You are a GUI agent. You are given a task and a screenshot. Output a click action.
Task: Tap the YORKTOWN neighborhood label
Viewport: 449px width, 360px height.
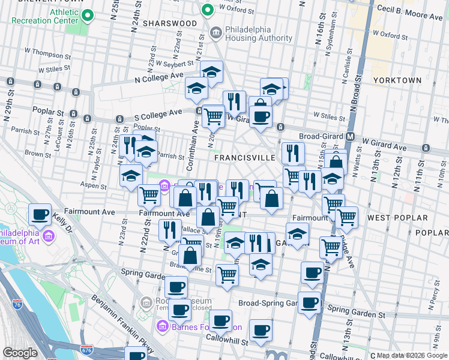coord(397,80)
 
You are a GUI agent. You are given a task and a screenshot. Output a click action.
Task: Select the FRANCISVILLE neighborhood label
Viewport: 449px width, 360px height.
coord(245,157)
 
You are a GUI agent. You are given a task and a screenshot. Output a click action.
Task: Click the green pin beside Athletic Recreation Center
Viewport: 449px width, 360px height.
coord(88,14)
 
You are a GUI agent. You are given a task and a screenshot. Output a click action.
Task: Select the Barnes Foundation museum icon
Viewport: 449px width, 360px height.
coord(161,327)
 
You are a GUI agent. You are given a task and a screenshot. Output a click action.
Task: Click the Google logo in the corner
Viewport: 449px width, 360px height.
coord(20,353)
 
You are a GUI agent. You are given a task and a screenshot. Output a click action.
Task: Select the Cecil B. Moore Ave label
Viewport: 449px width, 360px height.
coord(410,9)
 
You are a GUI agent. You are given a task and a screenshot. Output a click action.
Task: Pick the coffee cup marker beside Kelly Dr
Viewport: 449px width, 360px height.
coord(40,215)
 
